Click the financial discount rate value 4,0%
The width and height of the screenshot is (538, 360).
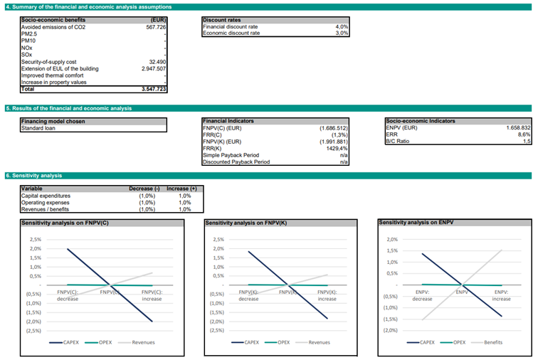pyautogui.click(x=342, y=26)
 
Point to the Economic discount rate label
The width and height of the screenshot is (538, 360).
pyautogui.click(x=231, y=33)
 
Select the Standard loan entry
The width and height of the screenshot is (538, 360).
pyautogui.click(x=38, y=128)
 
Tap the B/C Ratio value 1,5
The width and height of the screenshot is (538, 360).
pyautogui.click(x=526, y=142)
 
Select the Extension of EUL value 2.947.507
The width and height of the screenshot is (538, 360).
pyautogui.click(x=154, y=69)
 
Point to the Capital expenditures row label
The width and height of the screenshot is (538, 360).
pyautogui.click(x=46, y=196)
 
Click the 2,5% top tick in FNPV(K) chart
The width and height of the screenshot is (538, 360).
pyautogui.click(x=218, y=240)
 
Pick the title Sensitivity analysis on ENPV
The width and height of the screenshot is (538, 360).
pyautogui.click(x=416, y=223)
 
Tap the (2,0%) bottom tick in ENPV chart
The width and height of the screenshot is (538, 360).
pyautogui.click(x=390, y=330)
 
